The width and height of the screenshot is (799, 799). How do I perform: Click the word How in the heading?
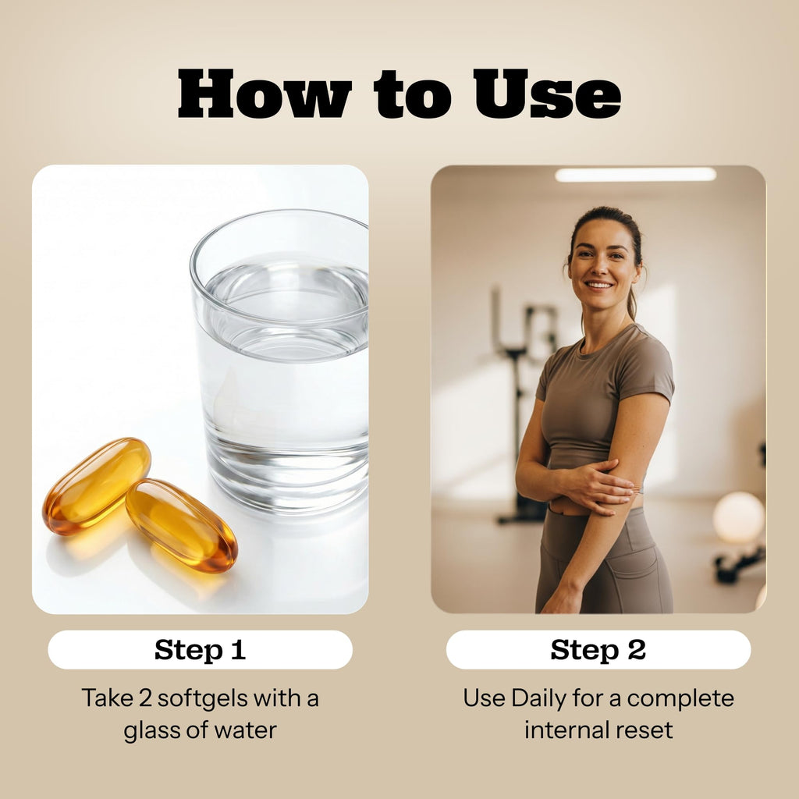265,94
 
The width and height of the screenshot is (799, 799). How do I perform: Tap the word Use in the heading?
547,94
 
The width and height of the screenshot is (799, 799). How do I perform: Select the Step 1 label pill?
201,650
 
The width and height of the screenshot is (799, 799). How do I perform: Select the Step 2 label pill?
598,650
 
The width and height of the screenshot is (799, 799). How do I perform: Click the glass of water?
280,362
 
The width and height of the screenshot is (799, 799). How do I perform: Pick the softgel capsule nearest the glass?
181,525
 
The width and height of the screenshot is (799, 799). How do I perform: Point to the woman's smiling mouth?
598,286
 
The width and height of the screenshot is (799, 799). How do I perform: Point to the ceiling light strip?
635,174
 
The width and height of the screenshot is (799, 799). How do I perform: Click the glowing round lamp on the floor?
738,517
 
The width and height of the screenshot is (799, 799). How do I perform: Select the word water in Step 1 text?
245,730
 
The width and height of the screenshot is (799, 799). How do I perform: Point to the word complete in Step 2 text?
680,699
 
